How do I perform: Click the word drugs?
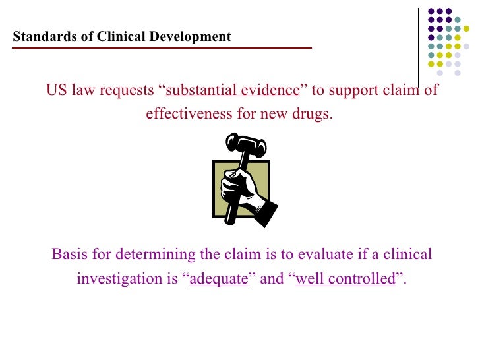click(x=314, y=113)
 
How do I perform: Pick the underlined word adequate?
click(x=219, y=279)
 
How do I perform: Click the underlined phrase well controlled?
click(x=345, y=278)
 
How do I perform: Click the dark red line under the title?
click(x=162, y=48)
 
